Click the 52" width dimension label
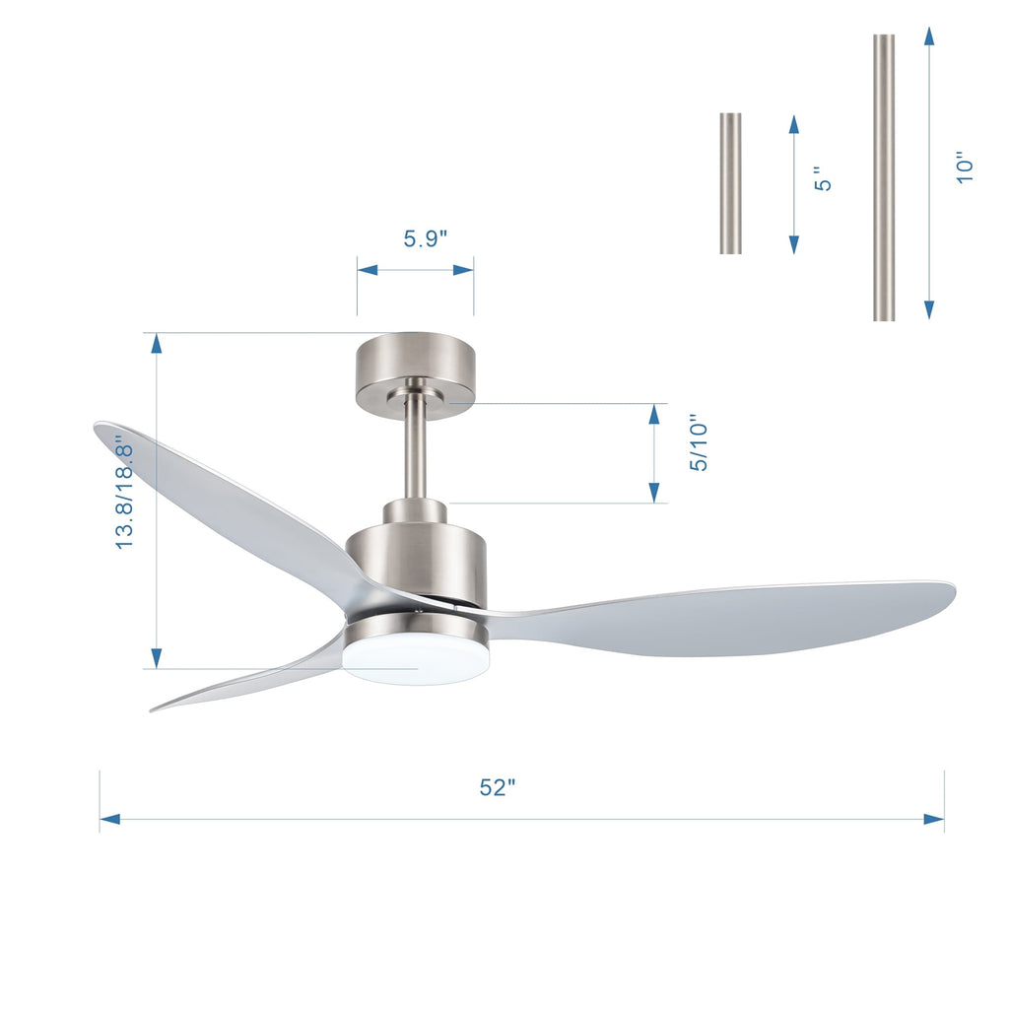498,787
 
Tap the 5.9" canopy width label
425,238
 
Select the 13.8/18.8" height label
124,492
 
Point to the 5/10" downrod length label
699,442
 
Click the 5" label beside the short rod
824,178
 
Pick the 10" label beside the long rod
965,166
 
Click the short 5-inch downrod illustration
730,183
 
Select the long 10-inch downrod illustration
884,177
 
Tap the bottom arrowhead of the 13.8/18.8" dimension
155,657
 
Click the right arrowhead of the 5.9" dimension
464,269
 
